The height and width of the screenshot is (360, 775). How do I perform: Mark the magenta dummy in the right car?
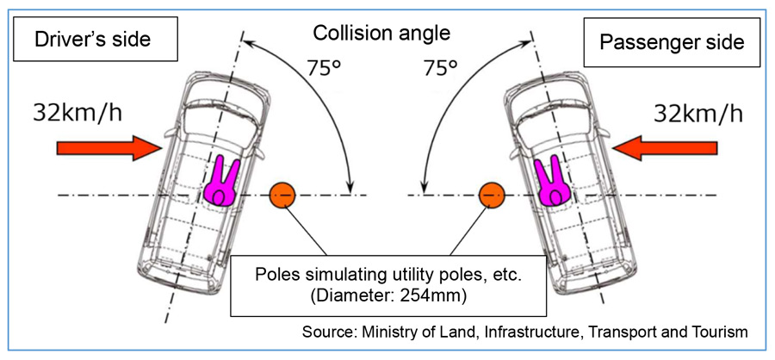pyautogui.click(x=550, y=180)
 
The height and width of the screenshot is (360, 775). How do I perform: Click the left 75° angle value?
pyautogui.click(x=324, y=68)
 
